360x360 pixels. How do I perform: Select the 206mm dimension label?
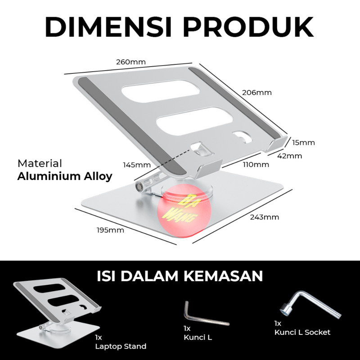coord(257,92)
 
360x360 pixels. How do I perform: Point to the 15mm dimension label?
coord(303,143)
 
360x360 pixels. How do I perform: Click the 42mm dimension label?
coord(290,156)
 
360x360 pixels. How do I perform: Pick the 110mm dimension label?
coord(256,164)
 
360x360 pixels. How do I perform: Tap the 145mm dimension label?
coord(136,165)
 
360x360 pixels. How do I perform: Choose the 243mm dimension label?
coord(265,217)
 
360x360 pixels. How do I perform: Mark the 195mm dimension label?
coord(110,230)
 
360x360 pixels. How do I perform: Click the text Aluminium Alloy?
coord(65,176)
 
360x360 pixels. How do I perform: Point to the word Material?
coord(40,163)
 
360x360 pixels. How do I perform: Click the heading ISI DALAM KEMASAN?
coord(180,275)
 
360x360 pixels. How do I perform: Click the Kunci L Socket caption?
coord(302,332)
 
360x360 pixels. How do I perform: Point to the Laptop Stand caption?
coord(121,346)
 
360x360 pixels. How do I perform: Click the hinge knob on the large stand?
coord(140,185)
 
